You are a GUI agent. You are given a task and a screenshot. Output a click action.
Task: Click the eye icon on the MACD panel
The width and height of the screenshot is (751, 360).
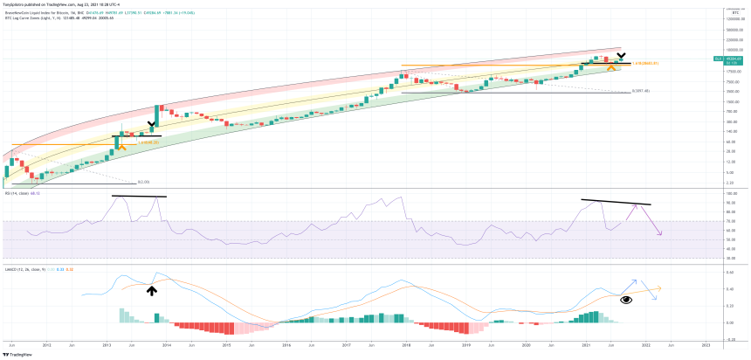click(626, 300)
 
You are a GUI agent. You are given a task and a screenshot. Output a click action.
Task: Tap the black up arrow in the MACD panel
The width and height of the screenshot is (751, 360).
click(152, 290)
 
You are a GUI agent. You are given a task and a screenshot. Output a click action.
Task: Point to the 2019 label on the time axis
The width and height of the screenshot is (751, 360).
click(467, 346)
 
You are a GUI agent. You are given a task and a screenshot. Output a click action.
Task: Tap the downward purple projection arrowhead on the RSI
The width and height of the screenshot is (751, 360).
click(660, 233)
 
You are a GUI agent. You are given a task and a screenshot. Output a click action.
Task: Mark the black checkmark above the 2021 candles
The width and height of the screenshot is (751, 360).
click(621, 55)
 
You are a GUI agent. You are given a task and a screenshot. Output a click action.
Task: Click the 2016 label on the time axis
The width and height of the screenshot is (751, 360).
click(286, 346)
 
